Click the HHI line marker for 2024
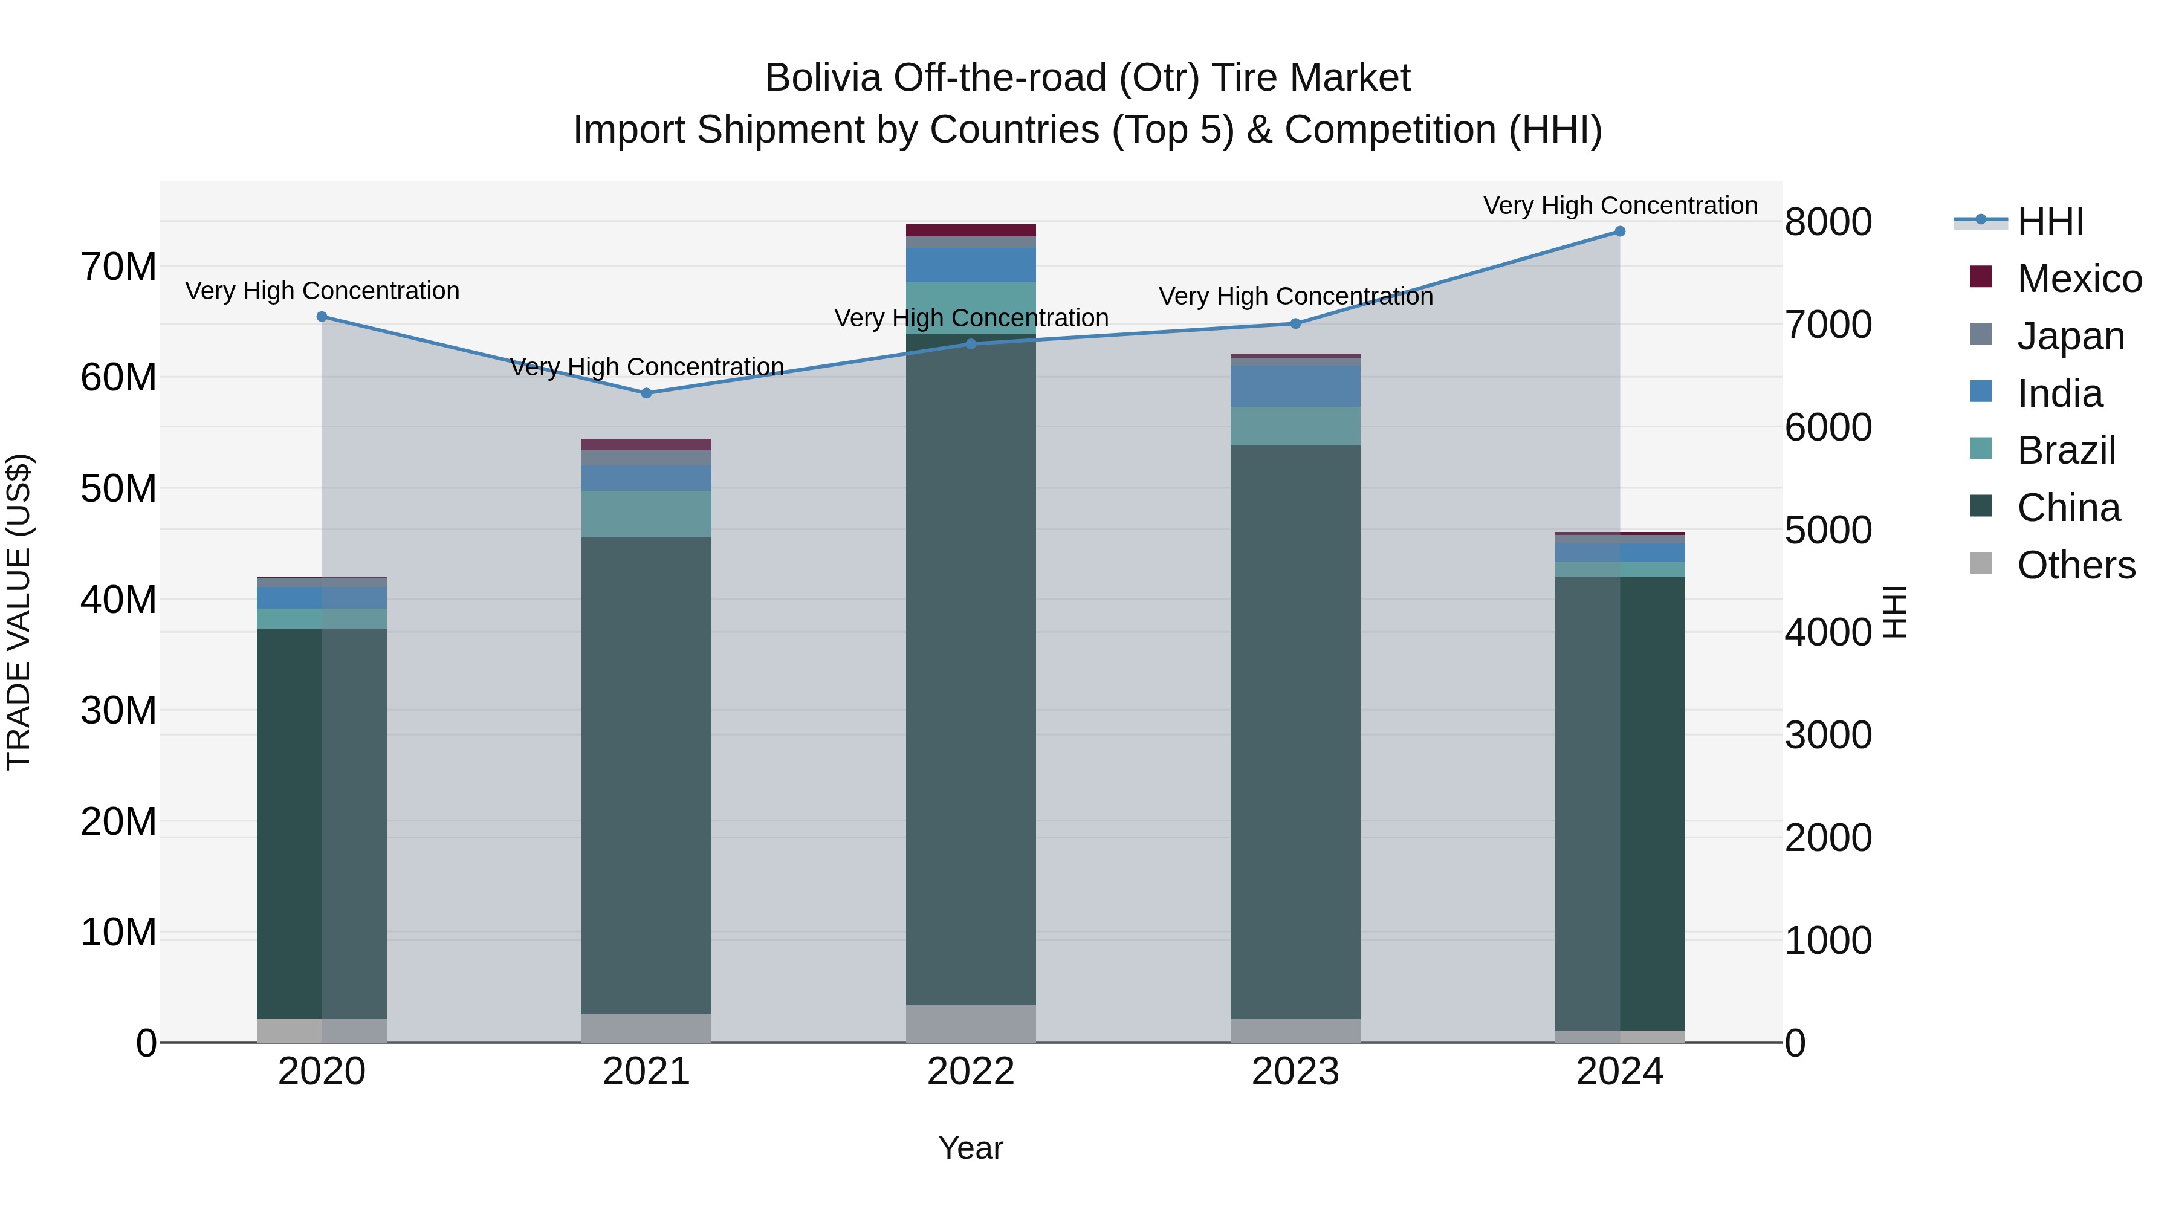click(x=1619, y=232)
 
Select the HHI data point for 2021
click(x=646, y=393)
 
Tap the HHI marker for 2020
click(x=322, y=317)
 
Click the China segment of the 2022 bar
click(x=971, y=667)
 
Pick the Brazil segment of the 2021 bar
click(x=646, y=514)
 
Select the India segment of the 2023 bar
click(x=1295, y=386)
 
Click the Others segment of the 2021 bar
click(x=646, y=1028)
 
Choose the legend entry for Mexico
click(x=2079, y=279)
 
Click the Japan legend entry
click(x=2070, y=336)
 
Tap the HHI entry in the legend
click(x=2050, y=221)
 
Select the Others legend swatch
click(x=1980, y=563)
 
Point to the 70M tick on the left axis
click(x=118, y=267)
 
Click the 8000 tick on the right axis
click(x=1828, y=222)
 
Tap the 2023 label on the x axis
click(x=1295, y=1072)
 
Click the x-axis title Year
click(x=971, y=1148)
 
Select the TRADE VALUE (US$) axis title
click(x=19, y=612)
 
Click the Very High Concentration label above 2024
click(x=1619, y=206)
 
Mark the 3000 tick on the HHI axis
click(x=1828, y=735)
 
